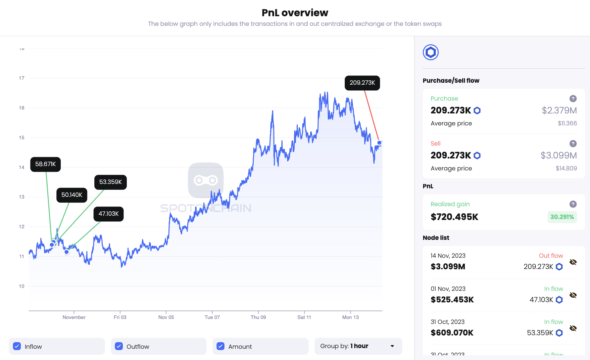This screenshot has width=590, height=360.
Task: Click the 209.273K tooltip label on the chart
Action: (362, 83)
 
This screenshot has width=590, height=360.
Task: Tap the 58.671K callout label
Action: (45, 164)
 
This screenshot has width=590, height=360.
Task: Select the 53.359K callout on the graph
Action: (110, 182)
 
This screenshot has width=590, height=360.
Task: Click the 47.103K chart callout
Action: (108, 214)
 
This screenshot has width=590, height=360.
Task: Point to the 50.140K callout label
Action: (72, 195)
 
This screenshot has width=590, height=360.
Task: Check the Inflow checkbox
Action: (17, 346)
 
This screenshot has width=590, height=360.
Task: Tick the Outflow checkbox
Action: (119, 346)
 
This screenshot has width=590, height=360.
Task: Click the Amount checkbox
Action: (221, 346)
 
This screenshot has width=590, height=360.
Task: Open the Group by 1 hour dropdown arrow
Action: (392, 346)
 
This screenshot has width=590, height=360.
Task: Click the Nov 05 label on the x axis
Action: (166, 317)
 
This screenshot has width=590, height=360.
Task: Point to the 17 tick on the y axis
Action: (22, 78)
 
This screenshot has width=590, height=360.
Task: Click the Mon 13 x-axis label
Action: (350, 317)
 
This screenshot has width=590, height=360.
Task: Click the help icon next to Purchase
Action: (573, 99)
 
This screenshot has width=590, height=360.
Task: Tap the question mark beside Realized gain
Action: (573, 204)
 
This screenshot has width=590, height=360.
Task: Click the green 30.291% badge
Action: (562, 217)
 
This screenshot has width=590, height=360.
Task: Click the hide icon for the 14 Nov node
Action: (573, 262)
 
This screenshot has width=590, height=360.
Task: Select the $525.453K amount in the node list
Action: (452, 300)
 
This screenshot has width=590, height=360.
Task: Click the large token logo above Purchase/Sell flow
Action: (430, 52)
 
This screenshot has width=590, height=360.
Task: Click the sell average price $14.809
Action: (566, 168)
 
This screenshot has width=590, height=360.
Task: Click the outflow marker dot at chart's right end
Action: (379, 143)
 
